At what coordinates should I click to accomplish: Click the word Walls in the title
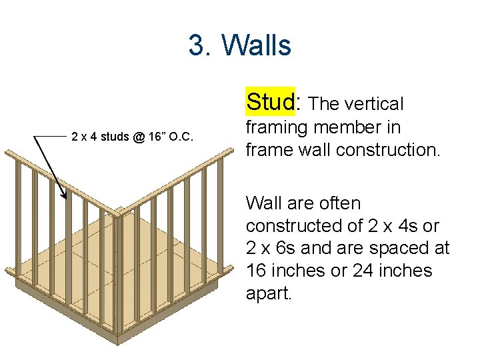point(256,45)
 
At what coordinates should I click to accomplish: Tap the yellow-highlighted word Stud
point(270,102)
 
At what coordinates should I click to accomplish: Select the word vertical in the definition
point(371,104)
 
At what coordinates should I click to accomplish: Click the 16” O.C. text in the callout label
point(171,137)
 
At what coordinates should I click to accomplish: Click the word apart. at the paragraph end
point(269,293)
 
